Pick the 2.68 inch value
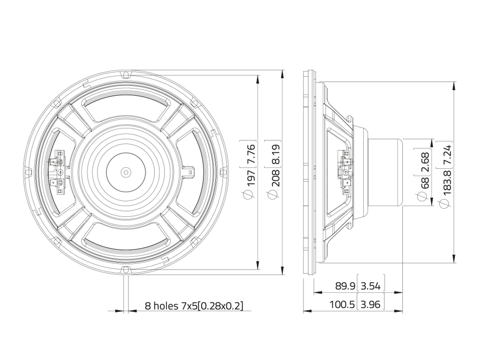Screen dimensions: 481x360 coord(425,161)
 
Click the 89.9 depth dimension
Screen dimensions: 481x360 coord(345,286)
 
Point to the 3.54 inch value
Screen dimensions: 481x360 coord(370,286)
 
